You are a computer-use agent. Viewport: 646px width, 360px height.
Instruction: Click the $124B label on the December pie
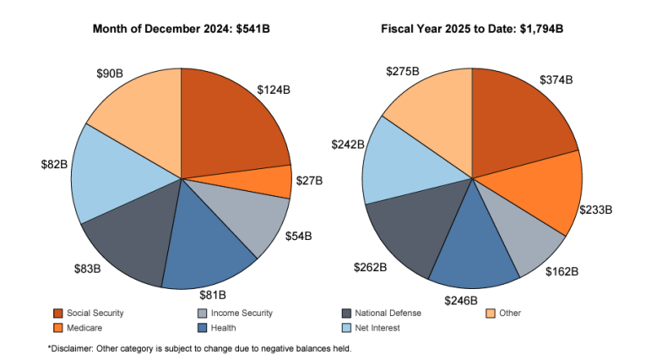[274, 89]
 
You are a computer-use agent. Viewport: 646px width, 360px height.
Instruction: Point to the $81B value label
[212, 295]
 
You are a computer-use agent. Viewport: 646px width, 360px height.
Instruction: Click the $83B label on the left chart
[87, 270]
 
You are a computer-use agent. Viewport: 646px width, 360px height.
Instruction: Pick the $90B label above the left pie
[109, 74]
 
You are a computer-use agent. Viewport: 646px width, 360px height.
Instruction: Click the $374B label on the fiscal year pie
[556, 80]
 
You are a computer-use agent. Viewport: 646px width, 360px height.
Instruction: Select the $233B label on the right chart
[595, 209]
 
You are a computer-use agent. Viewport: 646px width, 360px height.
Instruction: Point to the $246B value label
[461, 299]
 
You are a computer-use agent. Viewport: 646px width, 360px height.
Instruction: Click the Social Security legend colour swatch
[58, 314]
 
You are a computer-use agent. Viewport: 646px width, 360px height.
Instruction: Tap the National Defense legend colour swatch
[347, 314]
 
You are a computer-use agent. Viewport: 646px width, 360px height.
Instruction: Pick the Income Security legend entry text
[242, 314]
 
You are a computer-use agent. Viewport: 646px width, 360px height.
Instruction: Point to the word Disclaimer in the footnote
[72, 348]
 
